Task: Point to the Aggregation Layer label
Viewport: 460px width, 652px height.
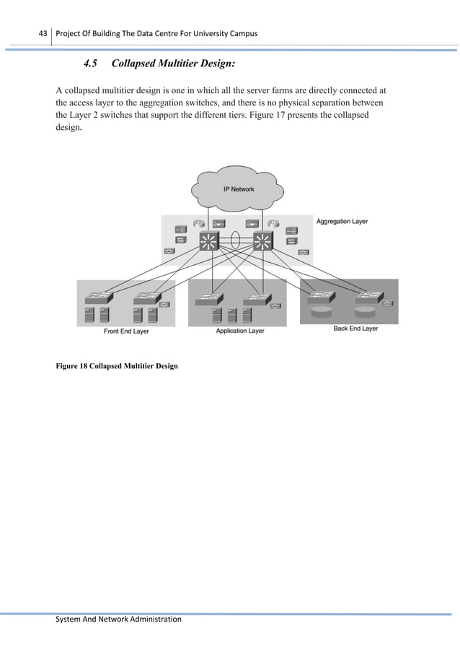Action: click(342, 221)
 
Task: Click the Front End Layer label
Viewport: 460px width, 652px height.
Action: click(126, 331)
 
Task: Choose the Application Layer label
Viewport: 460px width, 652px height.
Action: click(240, 331)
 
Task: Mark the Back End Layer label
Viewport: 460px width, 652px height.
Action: click(355, 329)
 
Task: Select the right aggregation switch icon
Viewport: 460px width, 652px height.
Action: click(263, 242)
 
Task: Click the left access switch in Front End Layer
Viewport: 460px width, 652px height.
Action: click(97, 297)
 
